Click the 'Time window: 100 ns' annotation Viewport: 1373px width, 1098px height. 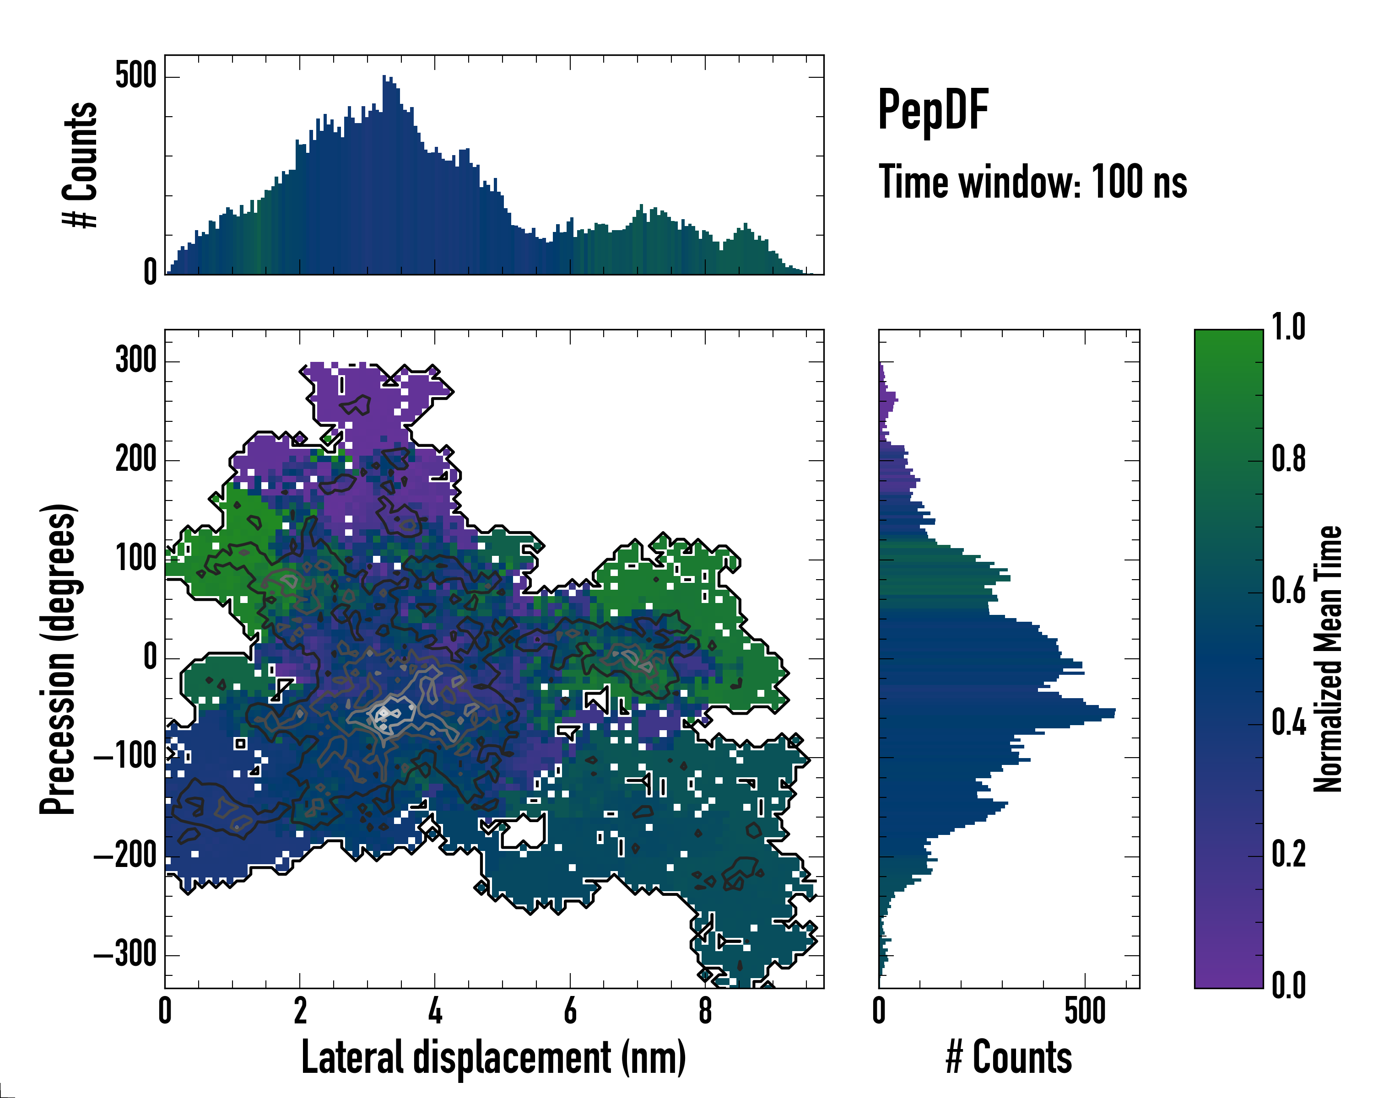(1032, 182)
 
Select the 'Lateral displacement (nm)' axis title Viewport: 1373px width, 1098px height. (493, 1057)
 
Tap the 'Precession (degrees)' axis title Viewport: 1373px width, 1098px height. (59, 659)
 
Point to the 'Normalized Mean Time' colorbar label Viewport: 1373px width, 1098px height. (1328, 659)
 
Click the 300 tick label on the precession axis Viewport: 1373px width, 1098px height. (135, 361)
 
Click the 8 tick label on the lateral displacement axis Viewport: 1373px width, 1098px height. (705, 1011)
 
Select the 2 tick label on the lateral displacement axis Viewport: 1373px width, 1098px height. (300, 1011)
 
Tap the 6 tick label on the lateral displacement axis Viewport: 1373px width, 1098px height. (570, 1011)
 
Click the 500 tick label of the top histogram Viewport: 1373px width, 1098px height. (135, 76)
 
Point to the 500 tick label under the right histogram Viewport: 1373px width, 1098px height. (1085, 1011)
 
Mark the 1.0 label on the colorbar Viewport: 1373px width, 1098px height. (1288, 328)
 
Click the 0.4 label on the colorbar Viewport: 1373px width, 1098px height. (1288, 724)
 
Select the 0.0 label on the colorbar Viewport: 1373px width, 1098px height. (1288, 986)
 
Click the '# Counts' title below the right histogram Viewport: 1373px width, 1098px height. (1009, 1057)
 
